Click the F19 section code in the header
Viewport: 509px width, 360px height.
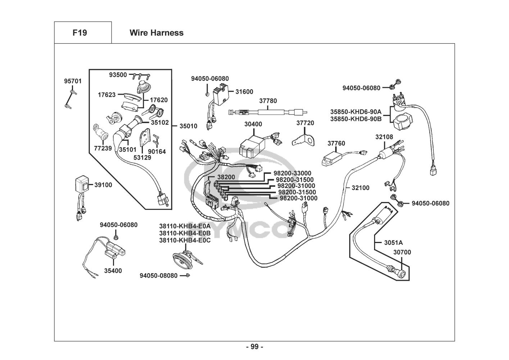click(x=79, y=33)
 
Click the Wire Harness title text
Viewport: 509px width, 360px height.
click(x=156, y=33)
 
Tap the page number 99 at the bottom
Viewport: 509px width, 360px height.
click(x=254, y=347)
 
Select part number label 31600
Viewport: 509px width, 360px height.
click(x=244, y=92)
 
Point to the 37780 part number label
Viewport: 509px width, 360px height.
click(x=268, y=101)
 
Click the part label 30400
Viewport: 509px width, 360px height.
click(x=253, y=124)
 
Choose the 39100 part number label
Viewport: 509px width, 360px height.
click(x=103, y=185)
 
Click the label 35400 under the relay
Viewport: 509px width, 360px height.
click(x=113, y=271)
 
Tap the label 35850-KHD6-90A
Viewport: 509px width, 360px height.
click(x=356, y=112)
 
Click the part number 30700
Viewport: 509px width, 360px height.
click(x=402, y=252)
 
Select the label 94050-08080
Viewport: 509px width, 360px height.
click(x=159, y=276)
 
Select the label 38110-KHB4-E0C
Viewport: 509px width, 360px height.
click(x=185, y=240)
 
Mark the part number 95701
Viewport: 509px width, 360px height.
click(x=73, y=81)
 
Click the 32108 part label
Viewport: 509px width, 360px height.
click(x=384, y=137)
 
